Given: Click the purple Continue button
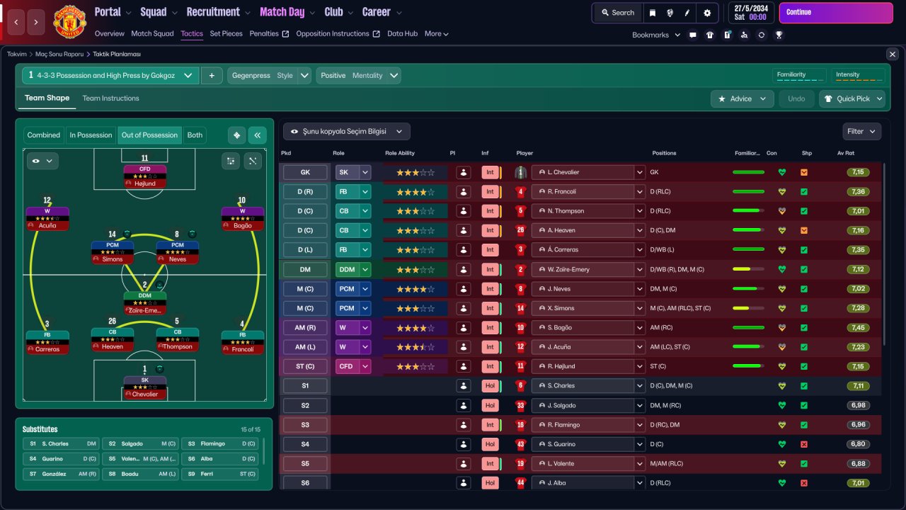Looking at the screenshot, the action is tap(836, 13).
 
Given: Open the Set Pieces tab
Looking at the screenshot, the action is tap(226, 33).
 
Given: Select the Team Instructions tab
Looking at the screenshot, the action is tap(110, 98).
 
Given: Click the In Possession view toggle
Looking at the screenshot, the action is tap(91, 135).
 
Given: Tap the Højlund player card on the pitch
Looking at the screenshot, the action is tap(145, 176).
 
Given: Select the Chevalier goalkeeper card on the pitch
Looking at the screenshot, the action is tap(145, 387).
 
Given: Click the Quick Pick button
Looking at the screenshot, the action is tap(852, 98).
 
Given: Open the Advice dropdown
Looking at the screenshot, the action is tap(742, 98).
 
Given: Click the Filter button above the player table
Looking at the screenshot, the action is tap(861, 132).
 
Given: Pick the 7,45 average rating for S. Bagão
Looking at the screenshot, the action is tap(858, 328).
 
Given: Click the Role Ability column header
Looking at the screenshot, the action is tap(400, 153).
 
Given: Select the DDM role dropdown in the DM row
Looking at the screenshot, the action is tap(352, 270).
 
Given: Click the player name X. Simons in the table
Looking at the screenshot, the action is tap(561, 308).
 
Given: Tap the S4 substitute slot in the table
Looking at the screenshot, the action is tap(305, 444).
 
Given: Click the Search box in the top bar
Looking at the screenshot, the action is tap(618, 13).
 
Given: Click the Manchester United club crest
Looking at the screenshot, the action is tap(69, 21).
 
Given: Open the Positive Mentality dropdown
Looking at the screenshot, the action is tap(358, 76).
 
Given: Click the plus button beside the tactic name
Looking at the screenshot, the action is tap(212, 76).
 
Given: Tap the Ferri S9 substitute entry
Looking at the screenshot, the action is tap(219, 474).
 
